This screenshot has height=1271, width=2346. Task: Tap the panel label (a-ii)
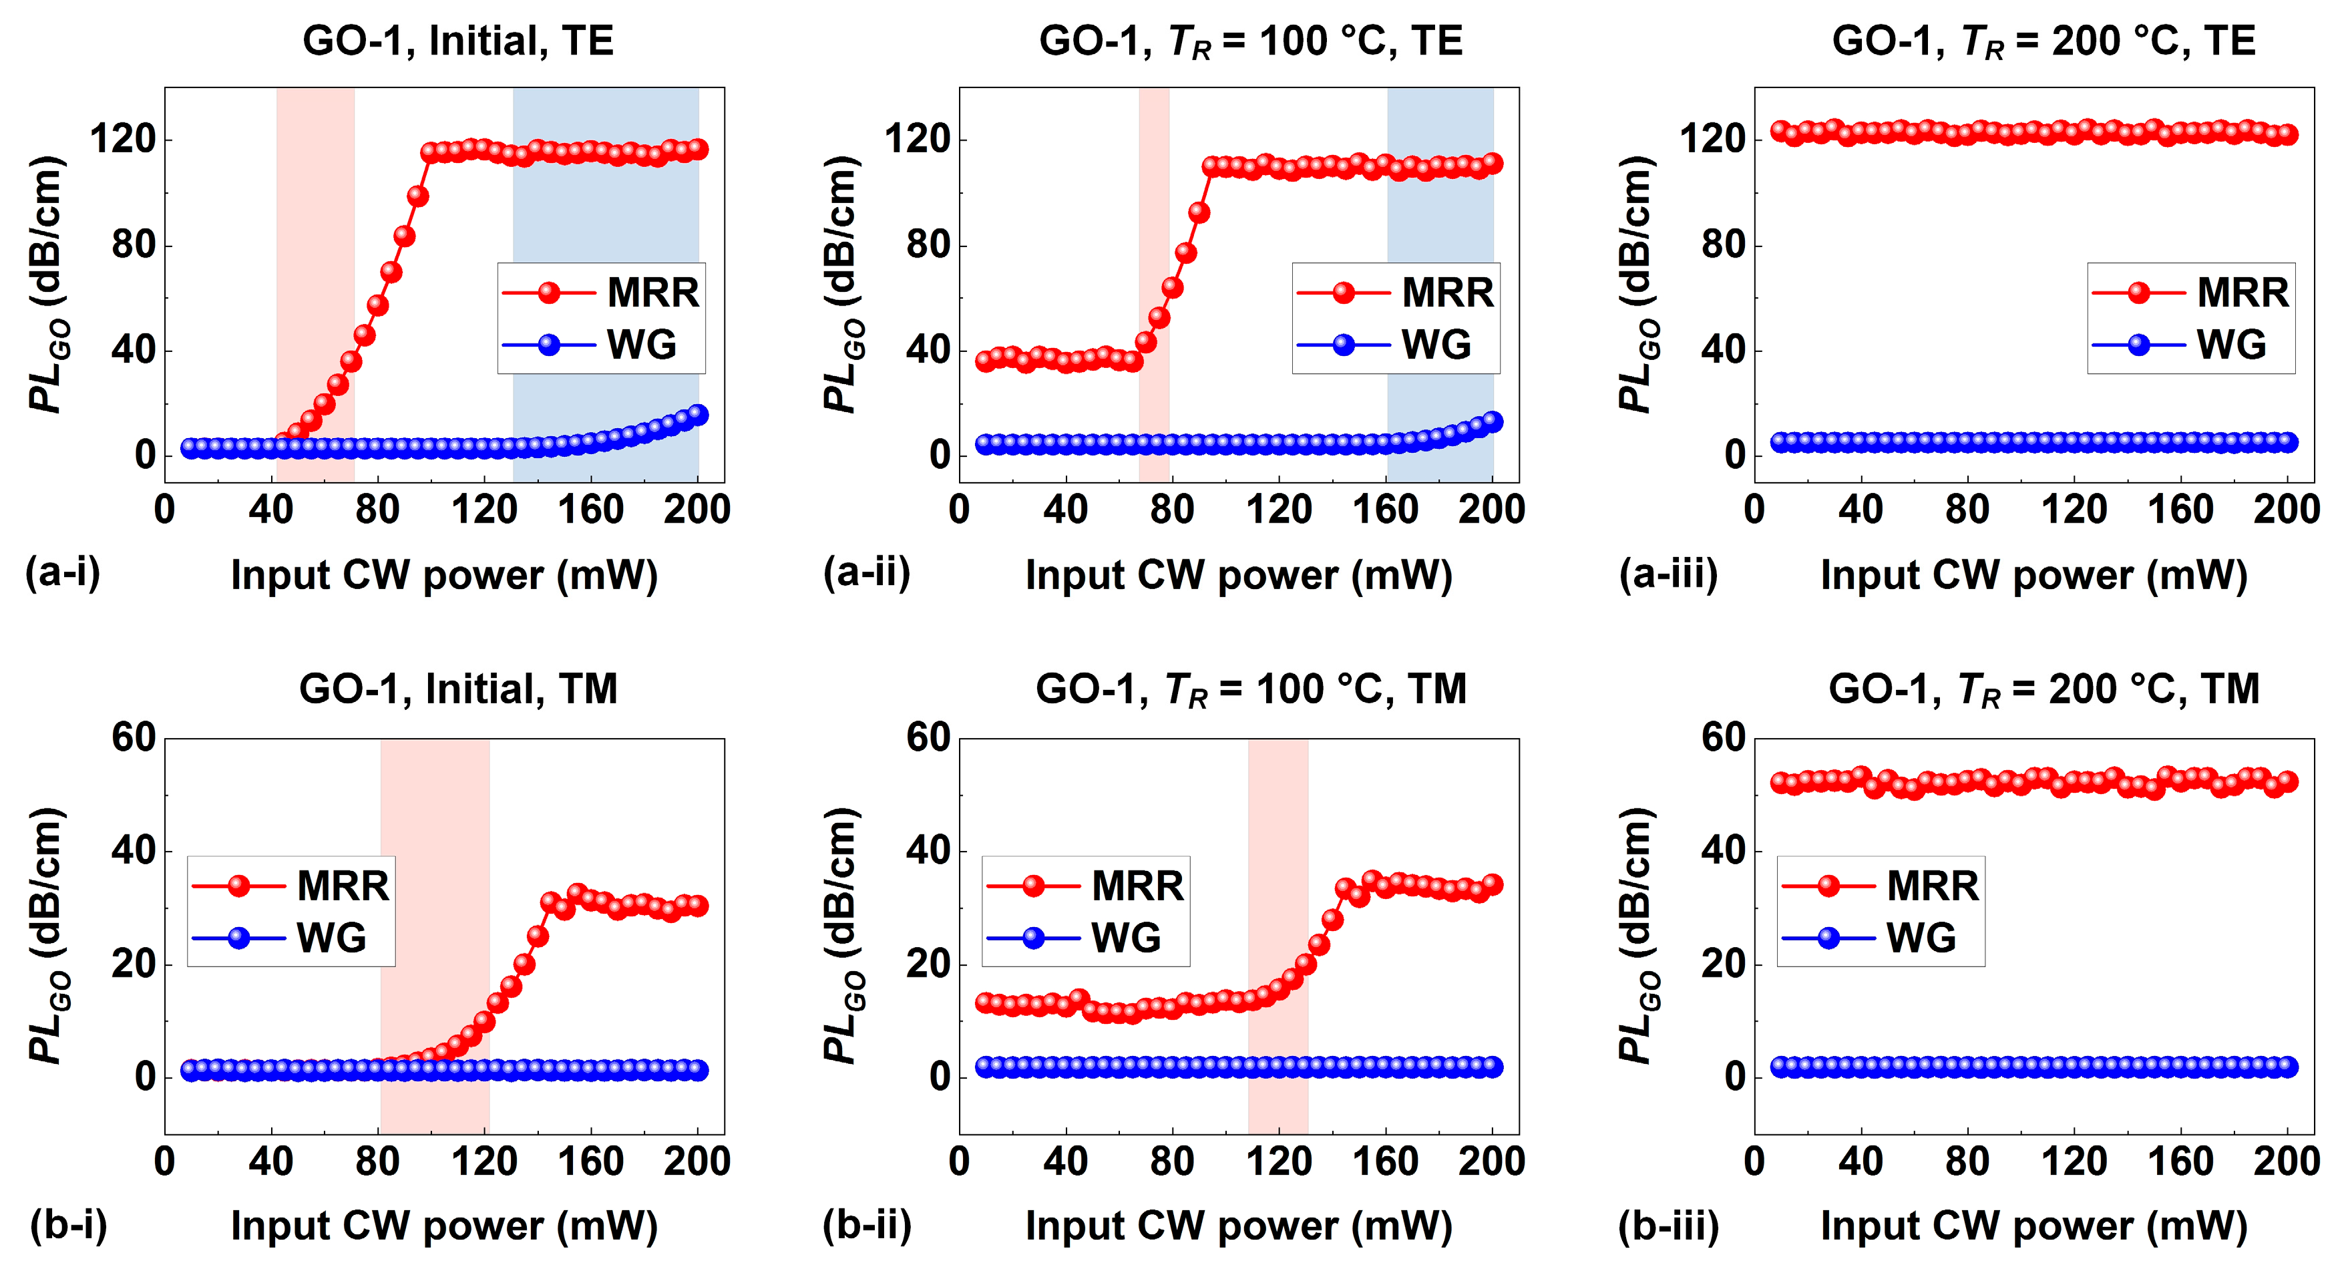coord(866,572)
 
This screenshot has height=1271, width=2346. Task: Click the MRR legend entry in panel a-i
coord(601,293)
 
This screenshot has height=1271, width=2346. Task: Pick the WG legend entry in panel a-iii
coord(2190,345)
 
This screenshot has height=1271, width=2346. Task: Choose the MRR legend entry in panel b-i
coord(290,886)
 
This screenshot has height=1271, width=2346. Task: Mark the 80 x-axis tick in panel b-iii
coord(1967,1161)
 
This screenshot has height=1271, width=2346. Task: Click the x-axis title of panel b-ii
coord(1239,1226)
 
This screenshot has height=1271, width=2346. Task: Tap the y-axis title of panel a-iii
coord(1639,285)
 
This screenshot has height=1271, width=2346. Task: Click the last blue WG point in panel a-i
coord(698,415)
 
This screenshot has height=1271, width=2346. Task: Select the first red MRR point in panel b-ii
coord(984,1003)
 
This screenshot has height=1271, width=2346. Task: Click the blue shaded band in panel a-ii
coord(1440,273)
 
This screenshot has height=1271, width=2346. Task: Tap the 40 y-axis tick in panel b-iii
coord(1723,851)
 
